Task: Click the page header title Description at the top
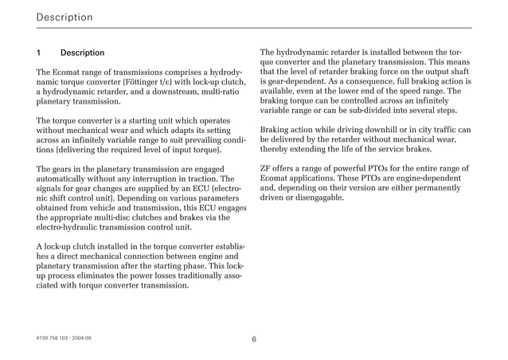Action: pos(64,17)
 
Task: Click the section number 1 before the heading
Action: pos(39,53)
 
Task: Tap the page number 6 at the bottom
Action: pos(253,338)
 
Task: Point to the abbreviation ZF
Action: pos(266,168)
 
